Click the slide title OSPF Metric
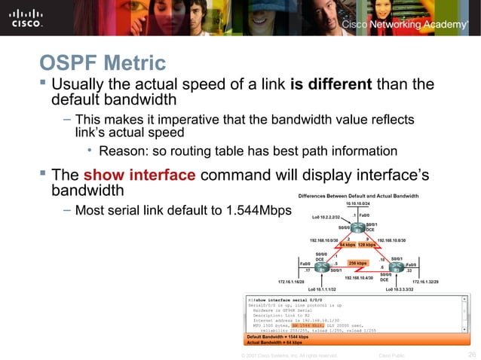point(103,61)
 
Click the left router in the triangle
point(322,267)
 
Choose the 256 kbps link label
point(357,264)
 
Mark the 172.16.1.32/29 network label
point(439,282)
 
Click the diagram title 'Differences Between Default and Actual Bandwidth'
point(358,196)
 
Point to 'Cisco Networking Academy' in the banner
point(405,25)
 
